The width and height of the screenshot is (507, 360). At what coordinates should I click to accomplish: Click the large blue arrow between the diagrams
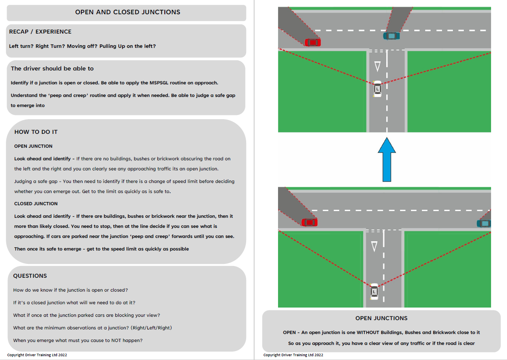[387, 160]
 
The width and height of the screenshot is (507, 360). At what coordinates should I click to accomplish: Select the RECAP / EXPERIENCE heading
[40, 31]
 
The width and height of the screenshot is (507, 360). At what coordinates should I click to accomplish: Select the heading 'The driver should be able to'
[52, 68]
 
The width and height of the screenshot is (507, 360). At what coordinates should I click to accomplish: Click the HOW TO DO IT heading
[36, 132]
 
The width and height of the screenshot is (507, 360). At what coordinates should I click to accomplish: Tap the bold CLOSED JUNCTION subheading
[36, 203]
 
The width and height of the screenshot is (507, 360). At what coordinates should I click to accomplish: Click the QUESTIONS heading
[30, 276]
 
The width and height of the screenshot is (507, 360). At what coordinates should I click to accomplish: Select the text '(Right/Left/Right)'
[150, 328]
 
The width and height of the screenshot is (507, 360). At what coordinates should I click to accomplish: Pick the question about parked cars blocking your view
[87, 315]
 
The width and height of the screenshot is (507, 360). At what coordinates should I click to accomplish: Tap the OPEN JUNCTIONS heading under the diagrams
[381, 318]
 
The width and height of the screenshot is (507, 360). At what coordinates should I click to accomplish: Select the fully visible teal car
[391, 36]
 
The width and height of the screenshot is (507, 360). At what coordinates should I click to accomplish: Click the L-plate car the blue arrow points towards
[377, 89]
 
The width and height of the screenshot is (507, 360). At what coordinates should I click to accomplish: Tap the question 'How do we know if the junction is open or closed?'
[70, 290]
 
